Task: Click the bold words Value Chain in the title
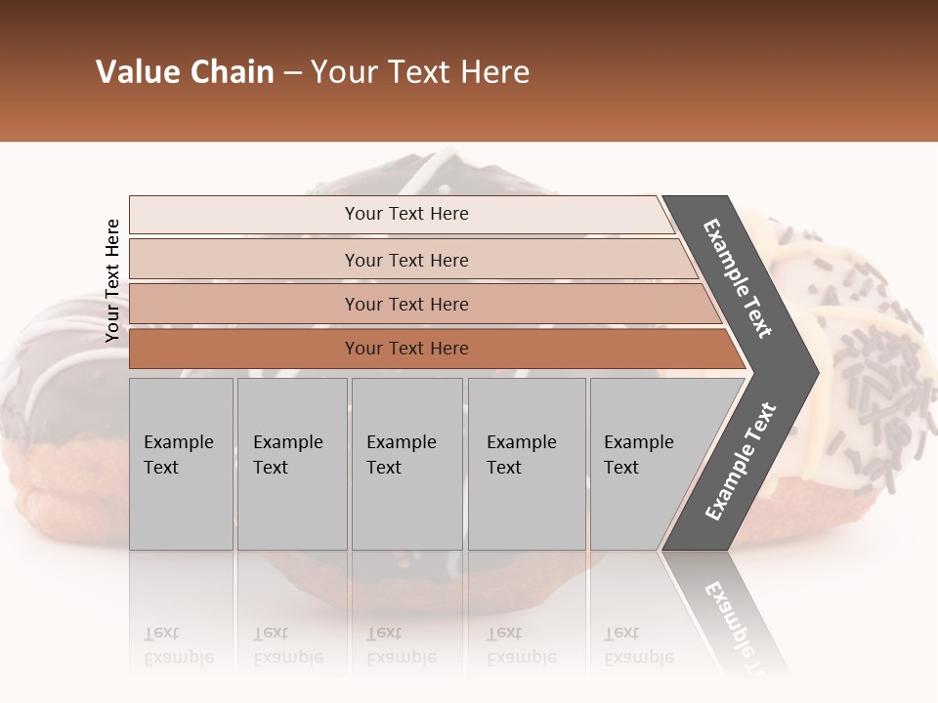pyautogui.click(x=185, y=72)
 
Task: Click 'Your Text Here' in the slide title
pyautogui.click(x=420, y=72)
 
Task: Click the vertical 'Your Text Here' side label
pyautogui.click(x=112, y=280)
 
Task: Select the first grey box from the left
pyautogui.click(x=181, y=464)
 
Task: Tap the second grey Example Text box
pyautogui.click(x=292, y=464)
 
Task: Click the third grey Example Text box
pyautogui.click(x=406, y=464)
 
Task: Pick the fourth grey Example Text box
pyautogui.click(x=527, y=464)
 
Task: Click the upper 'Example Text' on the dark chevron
pyautogui.click(x=738, y=278)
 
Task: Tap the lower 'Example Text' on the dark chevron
pyautogui.click(x=742, y=461)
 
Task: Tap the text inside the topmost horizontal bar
pyautogui.click(x=406, y=214)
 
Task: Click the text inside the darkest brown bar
pyautogui.click(x=406, y=349)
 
